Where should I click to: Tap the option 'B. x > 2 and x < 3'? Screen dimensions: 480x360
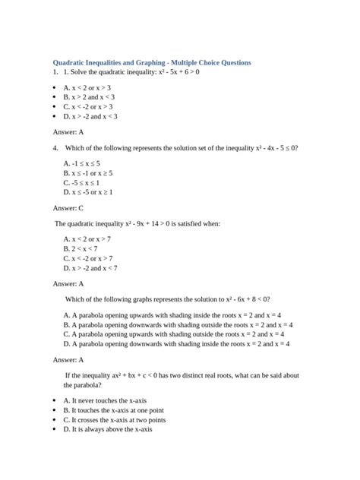[90, 98]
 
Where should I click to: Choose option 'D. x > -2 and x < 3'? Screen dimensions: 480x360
[91, 117]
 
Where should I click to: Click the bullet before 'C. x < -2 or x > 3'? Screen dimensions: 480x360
[55, 107]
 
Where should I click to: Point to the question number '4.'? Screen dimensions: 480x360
[55, 148]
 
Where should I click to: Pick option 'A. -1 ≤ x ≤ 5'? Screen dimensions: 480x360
[82, 163]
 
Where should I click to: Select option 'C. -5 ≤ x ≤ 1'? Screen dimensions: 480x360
[82, 182]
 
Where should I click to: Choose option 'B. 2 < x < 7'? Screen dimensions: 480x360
[81, 248]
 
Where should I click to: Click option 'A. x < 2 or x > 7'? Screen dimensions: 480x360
[88, 239]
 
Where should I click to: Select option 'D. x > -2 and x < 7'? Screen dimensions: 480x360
[90, 267]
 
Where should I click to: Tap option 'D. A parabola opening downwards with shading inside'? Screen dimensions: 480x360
[181, 343]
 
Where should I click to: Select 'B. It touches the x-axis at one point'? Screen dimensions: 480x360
[113, 410]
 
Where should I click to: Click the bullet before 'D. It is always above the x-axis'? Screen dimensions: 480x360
[55, 429]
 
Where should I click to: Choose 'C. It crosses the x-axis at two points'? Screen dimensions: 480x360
[115, 420]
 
